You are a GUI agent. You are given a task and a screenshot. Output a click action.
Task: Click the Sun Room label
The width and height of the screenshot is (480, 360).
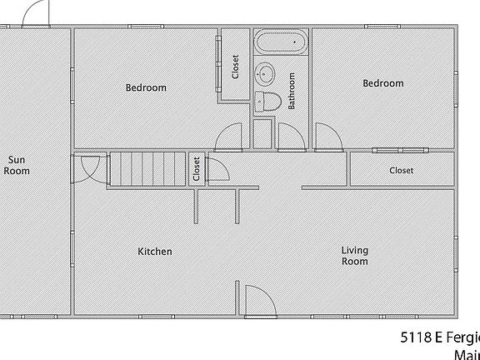tap(17, 165)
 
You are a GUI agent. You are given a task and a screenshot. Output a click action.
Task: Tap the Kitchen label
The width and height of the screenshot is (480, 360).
tap(155, 252)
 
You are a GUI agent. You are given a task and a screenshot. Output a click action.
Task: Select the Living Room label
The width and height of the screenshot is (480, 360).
tap(355, 256)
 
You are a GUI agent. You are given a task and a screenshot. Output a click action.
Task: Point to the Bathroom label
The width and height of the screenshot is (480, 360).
tap(292, 91)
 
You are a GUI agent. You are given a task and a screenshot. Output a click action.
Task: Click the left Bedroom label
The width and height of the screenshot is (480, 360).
tap(146, 87)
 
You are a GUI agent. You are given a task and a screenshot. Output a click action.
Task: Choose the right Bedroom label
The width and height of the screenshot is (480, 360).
tap(383, 83)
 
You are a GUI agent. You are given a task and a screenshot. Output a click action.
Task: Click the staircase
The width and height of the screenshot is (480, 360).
tap(147, 170)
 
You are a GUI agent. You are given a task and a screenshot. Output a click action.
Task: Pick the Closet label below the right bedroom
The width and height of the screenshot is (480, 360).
tap(402, 171)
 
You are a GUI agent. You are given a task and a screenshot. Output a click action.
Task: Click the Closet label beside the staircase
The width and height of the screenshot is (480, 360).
tap(197, 169)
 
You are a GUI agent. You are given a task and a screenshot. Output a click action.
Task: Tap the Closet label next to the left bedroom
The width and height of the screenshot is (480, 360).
tap(235, 67)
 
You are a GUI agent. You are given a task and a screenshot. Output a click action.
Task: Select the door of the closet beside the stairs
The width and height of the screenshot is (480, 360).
tap(218, 170)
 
